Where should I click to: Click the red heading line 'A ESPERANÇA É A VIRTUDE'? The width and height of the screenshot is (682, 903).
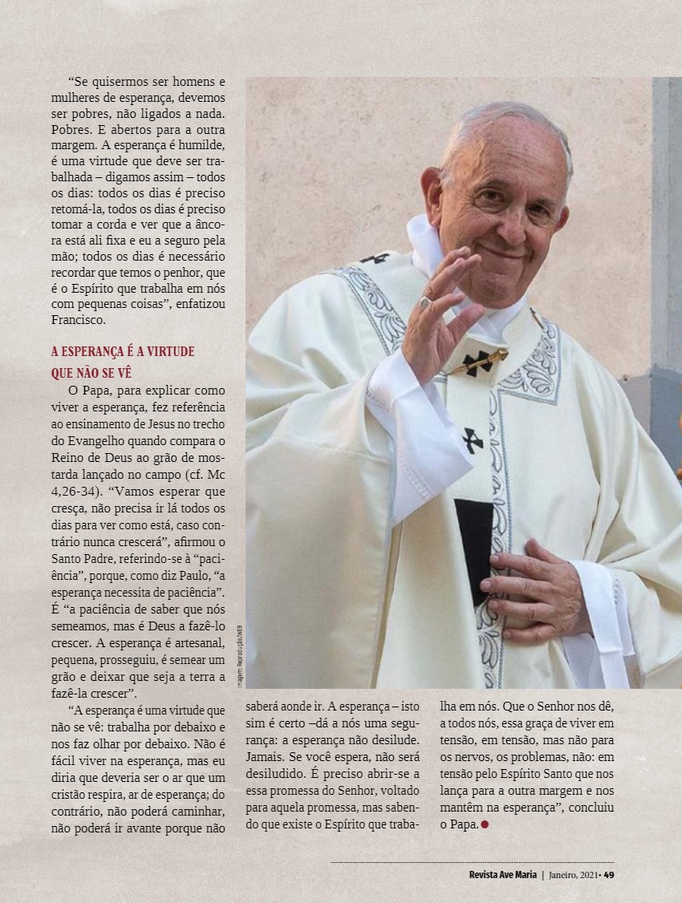[x=122, y=352]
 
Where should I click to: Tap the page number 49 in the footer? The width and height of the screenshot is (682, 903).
[x=609, y=874]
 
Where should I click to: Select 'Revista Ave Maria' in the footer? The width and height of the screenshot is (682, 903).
[x=502, y=874]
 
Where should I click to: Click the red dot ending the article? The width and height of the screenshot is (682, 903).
[x=485, y=824]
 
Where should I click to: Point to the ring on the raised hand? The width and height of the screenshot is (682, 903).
[x=424, y=302]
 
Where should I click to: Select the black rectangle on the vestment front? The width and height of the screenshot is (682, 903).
[x=473, y=545]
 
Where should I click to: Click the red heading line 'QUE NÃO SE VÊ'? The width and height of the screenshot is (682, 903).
[x=90, y=373]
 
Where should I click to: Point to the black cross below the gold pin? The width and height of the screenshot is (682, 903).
[x=472, y=439]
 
